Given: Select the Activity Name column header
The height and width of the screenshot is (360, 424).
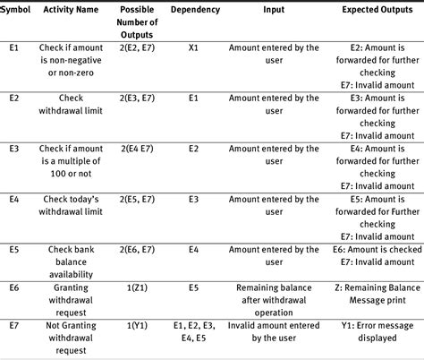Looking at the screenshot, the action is click(x=73, y=8).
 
